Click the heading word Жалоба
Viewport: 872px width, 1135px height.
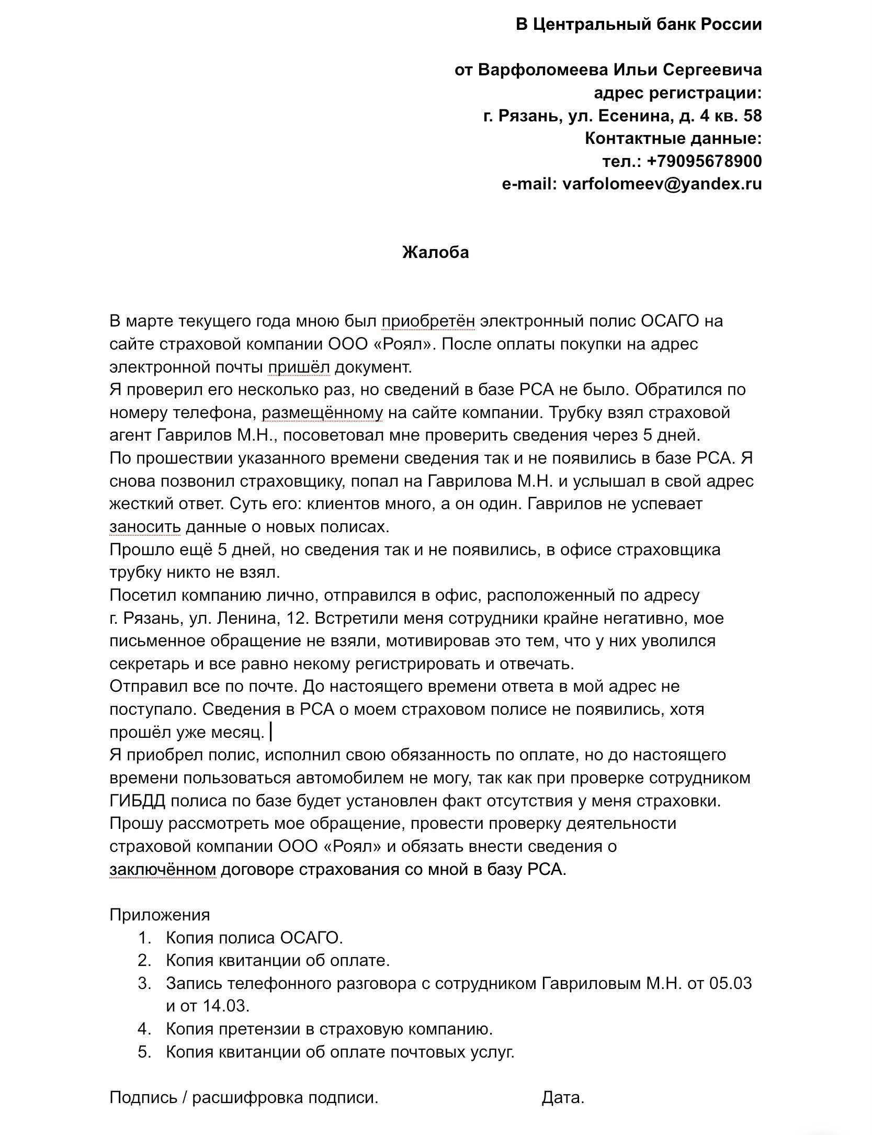(435, 253)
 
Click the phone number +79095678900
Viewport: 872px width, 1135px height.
(704, 161)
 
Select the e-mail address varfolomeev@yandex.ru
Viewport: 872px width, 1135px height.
(662, 184)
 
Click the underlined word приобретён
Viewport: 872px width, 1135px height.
(428, 321)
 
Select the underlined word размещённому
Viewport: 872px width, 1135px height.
(322, 413)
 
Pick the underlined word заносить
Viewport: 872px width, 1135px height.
(145, 527)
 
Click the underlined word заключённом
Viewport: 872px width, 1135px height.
(163, 870)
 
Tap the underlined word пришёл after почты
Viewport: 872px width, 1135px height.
(299, 367)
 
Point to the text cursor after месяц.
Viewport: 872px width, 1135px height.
(270, 732)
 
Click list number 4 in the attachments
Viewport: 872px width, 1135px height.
(144, 1029)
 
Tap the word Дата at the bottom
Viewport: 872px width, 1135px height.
(562, 1098)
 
